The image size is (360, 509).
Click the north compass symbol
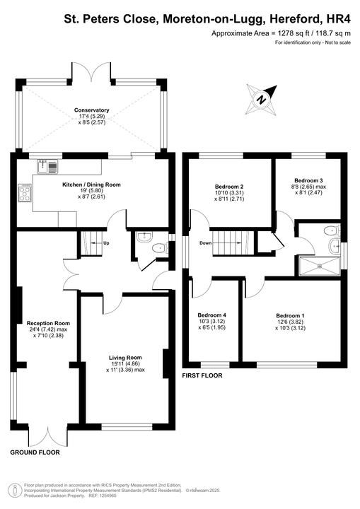[x=261, y=99]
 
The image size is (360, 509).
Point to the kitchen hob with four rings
[x=25, y=193]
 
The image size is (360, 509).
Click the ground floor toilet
[x=158, y=247]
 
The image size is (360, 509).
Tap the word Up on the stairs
[x=106, y=244]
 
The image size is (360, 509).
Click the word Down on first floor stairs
[x=205, y=242]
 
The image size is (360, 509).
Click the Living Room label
[x=125, y=358]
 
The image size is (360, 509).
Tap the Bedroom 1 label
[x=291, y=315]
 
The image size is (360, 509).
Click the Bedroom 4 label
[x=212, y=315]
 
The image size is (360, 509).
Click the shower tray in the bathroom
[x=318, y=267]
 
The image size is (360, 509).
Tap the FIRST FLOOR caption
[x=202, y=376]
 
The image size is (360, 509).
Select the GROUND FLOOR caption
[x=35, y=451]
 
